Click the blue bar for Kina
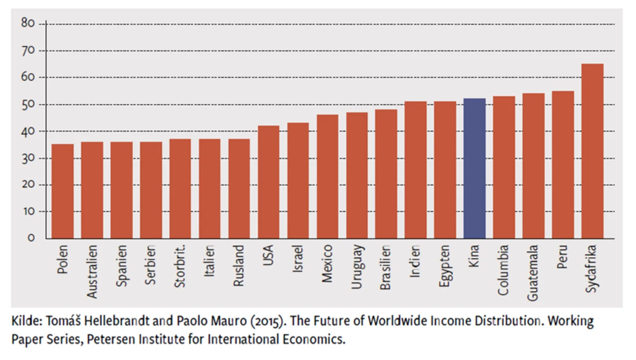(474, 168)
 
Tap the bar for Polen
(63, 191)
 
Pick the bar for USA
(268, 182)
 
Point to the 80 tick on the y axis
(28, 23)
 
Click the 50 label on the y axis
(28, 105)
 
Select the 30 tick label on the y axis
(28, 158)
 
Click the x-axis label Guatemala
(533, 273)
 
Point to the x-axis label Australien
(92, 271)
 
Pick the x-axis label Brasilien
(386, 268)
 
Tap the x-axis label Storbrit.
(180, 266)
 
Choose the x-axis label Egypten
(445, 266)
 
